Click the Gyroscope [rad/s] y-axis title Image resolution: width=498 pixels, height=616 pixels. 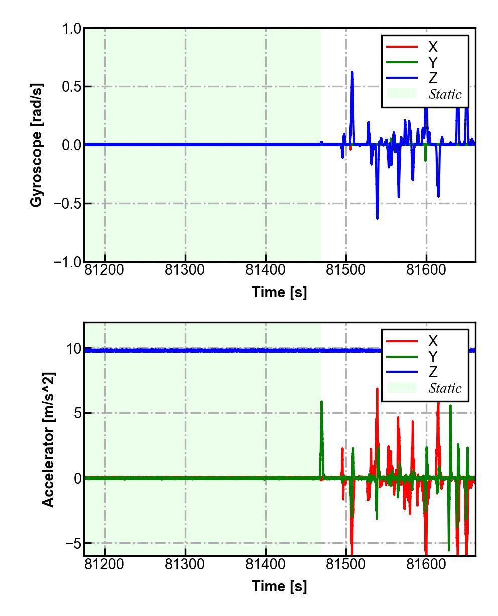[36, 145]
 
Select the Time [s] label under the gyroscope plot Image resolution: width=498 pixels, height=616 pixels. [279, 292]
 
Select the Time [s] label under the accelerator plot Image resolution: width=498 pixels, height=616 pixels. [279, 586]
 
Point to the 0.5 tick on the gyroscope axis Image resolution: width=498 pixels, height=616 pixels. [72, 87]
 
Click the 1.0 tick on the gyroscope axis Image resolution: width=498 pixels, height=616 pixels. [72, 29]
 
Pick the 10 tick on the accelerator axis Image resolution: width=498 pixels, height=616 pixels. [73, 349]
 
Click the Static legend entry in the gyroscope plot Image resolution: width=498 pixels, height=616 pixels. [445, 94]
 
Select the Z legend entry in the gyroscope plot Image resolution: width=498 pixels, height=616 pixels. [432, 78]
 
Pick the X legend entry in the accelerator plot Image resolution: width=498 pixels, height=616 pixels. [432, 341]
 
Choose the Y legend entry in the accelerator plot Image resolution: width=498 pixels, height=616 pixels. [432, 356]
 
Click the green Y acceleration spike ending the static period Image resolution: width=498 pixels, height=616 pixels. [321, 402]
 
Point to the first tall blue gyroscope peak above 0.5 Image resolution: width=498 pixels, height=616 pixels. [352, 73]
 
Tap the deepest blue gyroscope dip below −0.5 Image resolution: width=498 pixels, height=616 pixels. [377, 218]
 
